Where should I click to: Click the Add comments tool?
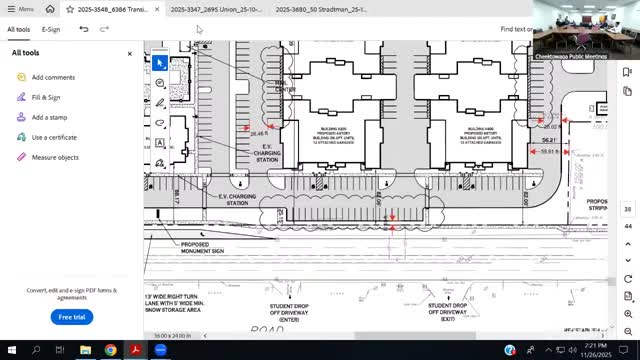[x=53, y=77]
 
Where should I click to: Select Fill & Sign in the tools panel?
[x=46, y=97]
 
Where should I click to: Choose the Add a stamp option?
[x=49, y=117]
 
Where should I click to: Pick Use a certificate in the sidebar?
[x=54, y=137]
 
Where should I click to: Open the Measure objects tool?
[x=55, y=157]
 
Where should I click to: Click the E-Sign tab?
[x=51, y=29]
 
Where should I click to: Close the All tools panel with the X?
[x=130, y=54]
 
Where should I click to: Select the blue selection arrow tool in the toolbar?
[x=159, y=62]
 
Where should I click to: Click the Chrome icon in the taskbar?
[x=110, y=350]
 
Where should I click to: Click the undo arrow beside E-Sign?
[x=84, y=29]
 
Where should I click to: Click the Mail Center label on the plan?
[x=285, y=87]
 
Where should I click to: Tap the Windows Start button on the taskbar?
[x=11, y=350]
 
